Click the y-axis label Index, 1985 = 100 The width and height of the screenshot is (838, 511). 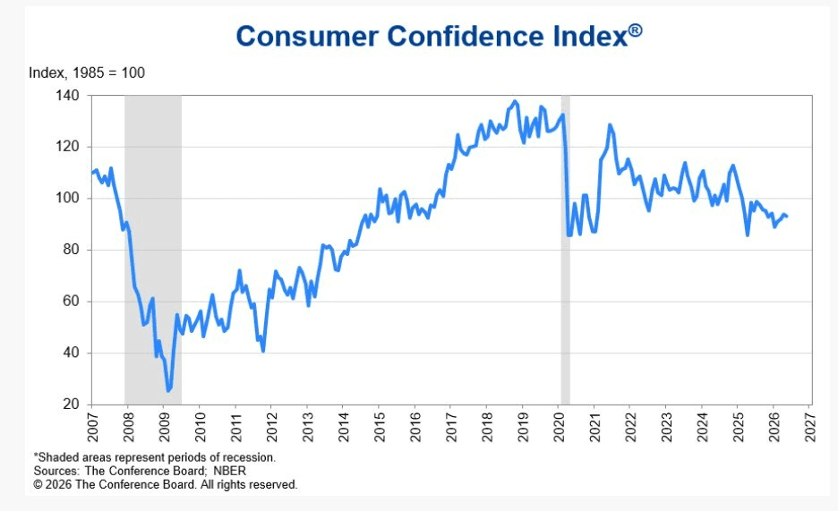coord(87,72)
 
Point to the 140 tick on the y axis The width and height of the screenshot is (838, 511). coord(67,96)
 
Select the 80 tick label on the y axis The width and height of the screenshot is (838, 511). coord(71,250)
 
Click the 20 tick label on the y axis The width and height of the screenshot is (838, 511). coord(71,405)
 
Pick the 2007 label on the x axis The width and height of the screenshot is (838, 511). coord(93,427)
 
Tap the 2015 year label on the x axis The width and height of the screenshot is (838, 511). coord(380,427)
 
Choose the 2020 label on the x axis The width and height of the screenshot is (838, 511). coord(559,427)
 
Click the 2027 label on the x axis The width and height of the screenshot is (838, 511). coord(810,427)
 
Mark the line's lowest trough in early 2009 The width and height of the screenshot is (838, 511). coord(168,391)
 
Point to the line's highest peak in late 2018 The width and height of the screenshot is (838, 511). coord(515,101)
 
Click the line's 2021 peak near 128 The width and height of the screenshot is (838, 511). coord(610,125)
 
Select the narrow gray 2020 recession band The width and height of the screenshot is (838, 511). coord(565,250)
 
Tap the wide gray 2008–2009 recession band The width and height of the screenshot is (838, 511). coord(153,250)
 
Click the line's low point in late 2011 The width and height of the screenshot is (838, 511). coord(263,351)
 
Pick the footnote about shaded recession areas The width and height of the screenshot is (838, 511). coord(155,457)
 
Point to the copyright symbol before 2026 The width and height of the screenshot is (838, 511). coord(38,485)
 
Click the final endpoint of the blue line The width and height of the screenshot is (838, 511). coord(787,216)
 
